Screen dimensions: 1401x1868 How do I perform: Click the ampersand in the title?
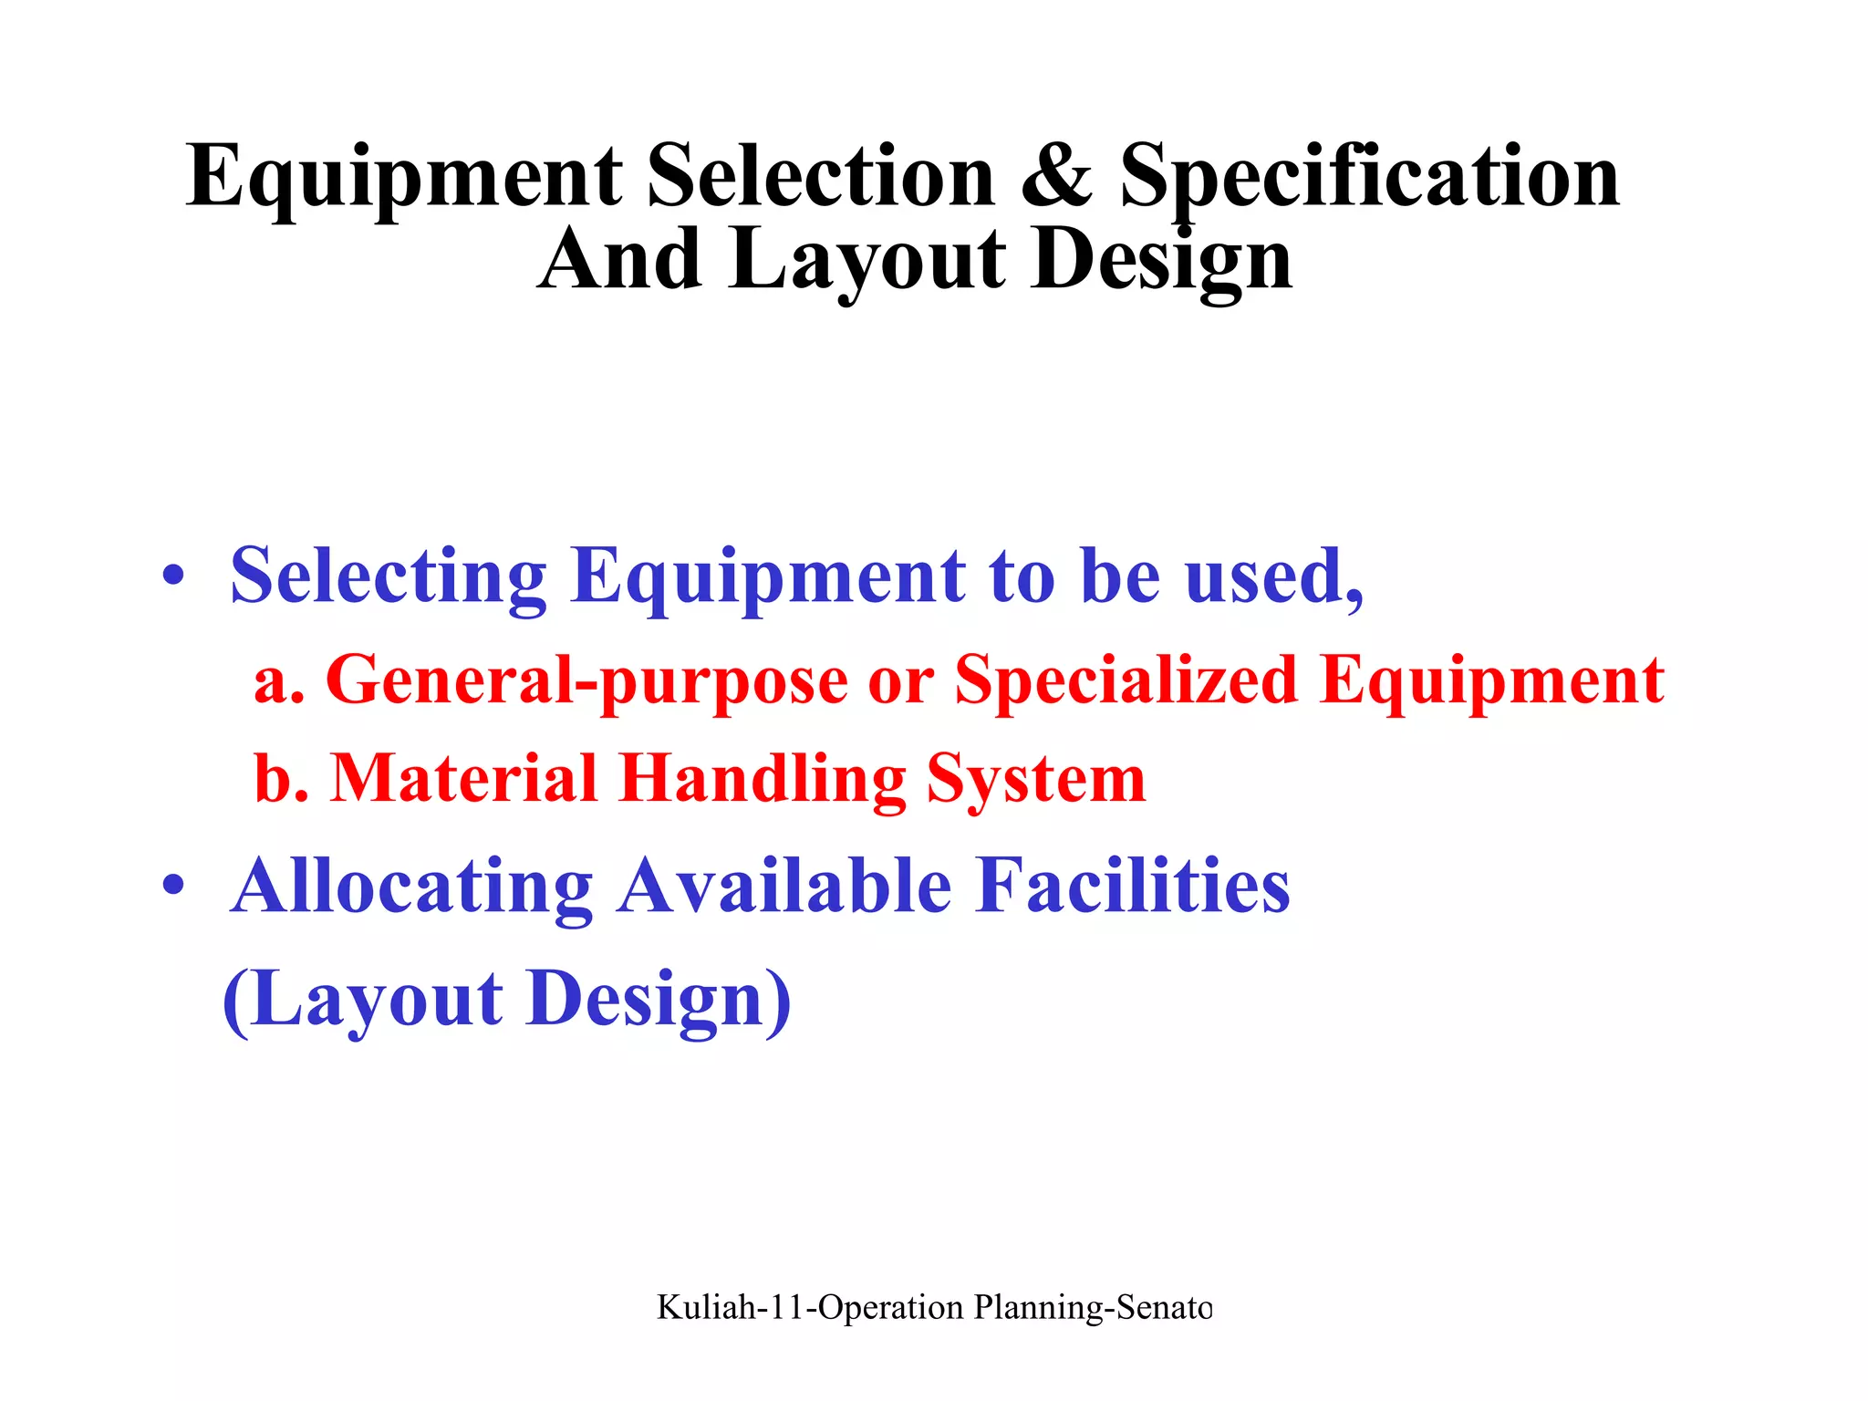(1055, 175)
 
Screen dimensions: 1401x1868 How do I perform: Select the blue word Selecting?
(388, 577)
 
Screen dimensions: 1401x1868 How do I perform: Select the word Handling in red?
(762, 780)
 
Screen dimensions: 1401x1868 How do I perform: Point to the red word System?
(1036, 780)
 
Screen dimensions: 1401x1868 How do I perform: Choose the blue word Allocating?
(412, 887)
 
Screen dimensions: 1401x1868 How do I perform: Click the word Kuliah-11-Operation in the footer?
(810, 1307)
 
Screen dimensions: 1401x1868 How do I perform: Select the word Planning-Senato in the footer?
(1093, 1307)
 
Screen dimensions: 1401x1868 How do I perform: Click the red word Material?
(463, 778)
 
